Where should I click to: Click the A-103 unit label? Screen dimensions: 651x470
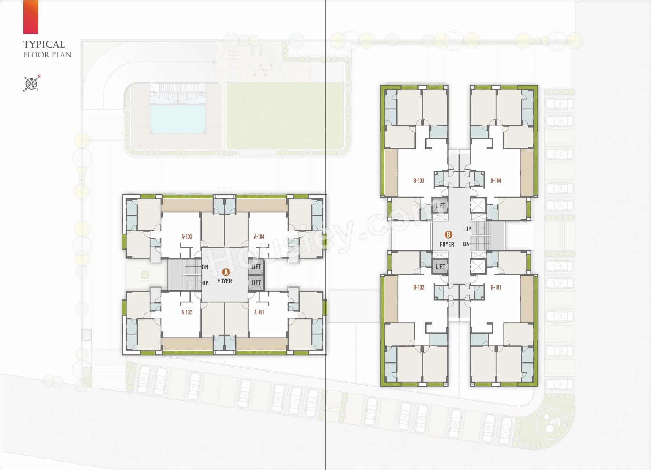187,237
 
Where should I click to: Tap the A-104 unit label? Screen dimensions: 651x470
259,237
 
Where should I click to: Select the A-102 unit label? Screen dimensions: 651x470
187,312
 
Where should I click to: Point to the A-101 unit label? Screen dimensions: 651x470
259,312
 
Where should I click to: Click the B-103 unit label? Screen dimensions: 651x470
419,181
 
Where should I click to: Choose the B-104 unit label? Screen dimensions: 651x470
496,181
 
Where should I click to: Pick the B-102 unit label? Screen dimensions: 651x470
419,288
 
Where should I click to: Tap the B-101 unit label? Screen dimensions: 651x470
496,288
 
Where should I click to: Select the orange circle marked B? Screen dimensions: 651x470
449,234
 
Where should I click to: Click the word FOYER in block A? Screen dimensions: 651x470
225,281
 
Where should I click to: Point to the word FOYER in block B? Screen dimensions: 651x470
447,245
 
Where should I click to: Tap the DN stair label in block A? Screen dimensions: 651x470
205,267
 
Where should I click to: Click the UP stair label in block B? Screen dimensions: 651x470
468,229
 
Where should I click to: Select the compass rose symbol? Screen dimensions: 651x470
31,84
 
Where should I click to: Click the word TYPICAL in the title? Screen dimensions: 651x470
44,44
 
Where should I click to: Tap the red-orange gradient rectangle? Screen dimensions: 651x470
30,17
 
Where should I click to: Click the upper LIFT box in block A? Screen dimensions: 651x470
256,267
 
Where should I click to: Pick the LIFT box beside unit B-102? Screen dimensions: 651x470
440,266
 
